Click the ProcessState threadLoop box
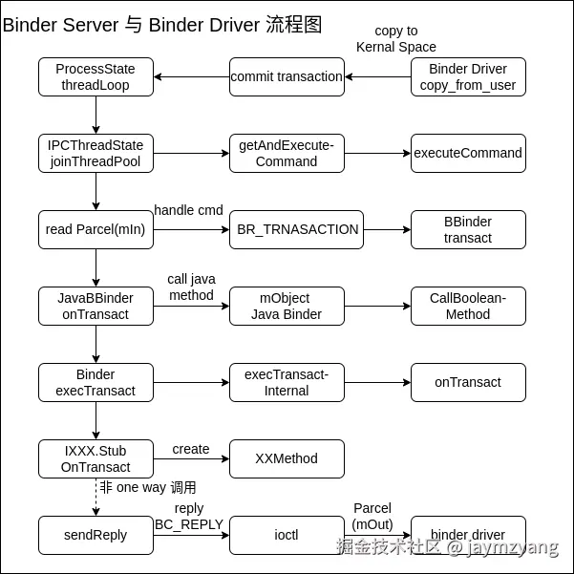[x=96, y=76]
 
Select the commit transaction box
[x=287, y=76]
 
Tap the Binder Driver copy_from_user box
[x=468, y=76]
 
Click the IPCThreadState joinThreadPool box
[x=96, y=153]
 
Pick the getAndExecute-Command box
[x=287, y=153]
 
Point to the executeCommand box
[x=468, y=153]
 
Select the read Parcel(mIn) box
[x=96, y=229]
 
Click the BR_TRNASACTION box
[x=296, y=229]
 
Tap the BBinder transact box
[x=468, y=229]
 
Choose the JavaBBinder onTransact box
[x=96, y=306]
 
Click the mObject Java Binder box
[x=287, y=306]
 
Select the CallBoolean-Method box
[x=468, y=306]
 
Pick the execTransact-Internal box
[x=287, y=382]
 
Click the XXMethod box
[x=287, y=458]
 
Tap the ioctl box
[x=287, y=535]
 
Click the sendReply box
[x=96, y=535]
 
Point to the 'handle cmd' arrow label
[x=188, y=210]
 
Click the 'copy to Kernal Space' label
[x=396, y=39]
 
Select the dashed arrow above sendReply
[x=96, y=497]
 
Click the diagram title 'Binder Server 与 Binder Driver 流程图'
[x=162, y=25]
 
